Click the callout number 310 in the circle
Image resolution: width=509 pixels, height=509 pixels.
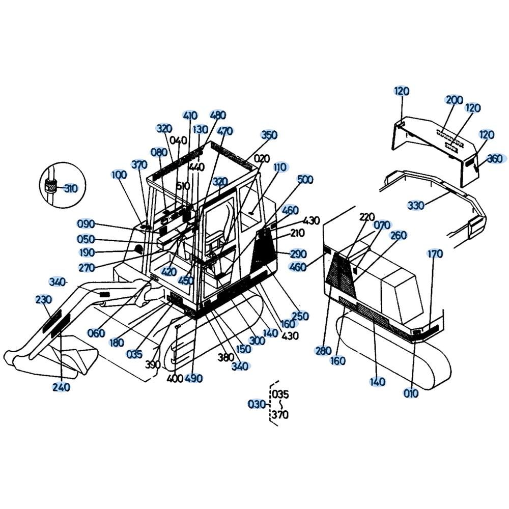71,189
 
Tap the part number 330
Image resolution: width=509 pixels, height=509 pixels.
416,206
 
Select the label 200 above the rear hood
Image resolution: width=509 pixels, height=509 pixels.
454,100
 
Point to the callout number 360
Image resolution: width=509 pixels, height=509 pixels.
495,159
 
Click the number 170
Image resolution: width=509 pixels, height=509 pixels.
435,253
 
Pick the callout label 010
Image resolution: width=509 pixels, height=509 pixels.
411,393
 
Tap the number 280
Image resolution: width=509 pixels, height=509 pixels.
323,351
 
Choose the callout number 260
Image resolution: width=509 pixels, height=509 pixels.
399,235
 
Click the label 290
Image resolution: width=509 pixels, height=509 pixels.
298,253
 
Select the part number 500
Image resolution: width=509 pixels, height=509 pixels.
305,180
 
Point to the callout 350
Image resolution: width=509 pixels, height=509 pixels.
269,135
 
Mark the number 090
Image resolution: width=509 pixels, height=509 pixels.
86,224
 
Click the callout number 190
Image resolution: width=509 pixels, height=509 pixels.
87,252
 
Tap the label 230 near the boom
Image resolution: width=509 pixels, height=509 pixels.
43,299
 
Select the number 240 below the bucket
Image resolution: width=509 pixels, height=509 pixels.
61,387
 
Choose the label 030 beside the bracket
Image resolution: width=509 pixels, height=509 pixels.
257,405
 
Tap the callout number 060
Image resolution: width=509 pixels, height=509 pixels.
96,333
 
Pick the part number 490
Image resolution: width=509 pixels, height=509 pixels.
193,378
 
